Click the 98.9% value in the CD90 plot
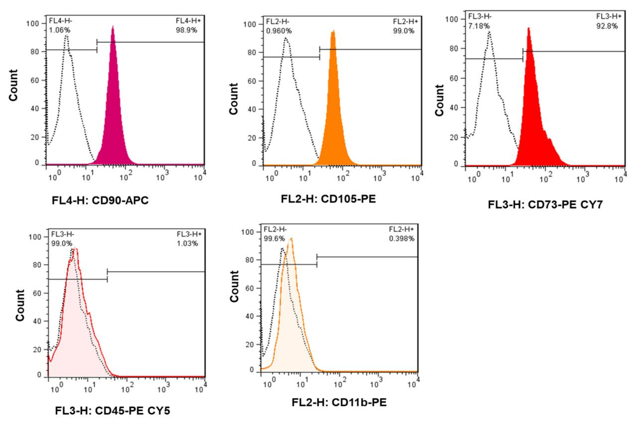pyautogui.click(x=186, y=30)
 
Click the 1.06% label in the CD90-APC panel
pyautogui.click(x=59, y=30)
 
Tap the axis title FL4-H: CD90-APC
pyautogui.click(x=100, y=200)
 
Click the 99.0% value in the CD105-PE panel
pyautogui.click(x=403, y=31)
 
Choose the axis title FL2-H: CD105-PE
pyautogui.click(x=328, y=199)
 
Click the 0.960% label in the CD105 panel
pyautogui.click(x=279, y=31)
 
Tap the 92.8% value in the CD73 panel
pyautogui.click(x=607, y=26)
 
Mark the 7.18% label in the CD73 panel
pyautogui.click(x=479, y=26)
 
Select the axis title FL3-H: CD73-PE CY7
pyautogui.click(x=545, y=204)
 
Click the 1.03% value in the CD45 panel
pyautogui.click(x=187, y=243)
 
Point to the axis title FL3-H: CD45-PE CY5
pyautogui.click(x=113, y=410)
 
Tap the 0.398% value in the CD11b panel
pyautogui.click(x=401, y=239)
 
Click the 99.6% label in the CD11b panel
pyautogui.click(x=274, y=239)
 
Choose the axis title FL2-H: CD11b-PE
pyautogui.click(x=339, y=402)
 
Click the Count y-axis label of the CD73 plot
pyautogui.click(x=439, y=100)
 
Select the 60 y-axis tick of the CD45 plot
pyautogui.click(x=37, y=293)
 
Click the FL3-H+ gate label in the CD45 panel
pyautogui.click(x=189, y=234)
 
